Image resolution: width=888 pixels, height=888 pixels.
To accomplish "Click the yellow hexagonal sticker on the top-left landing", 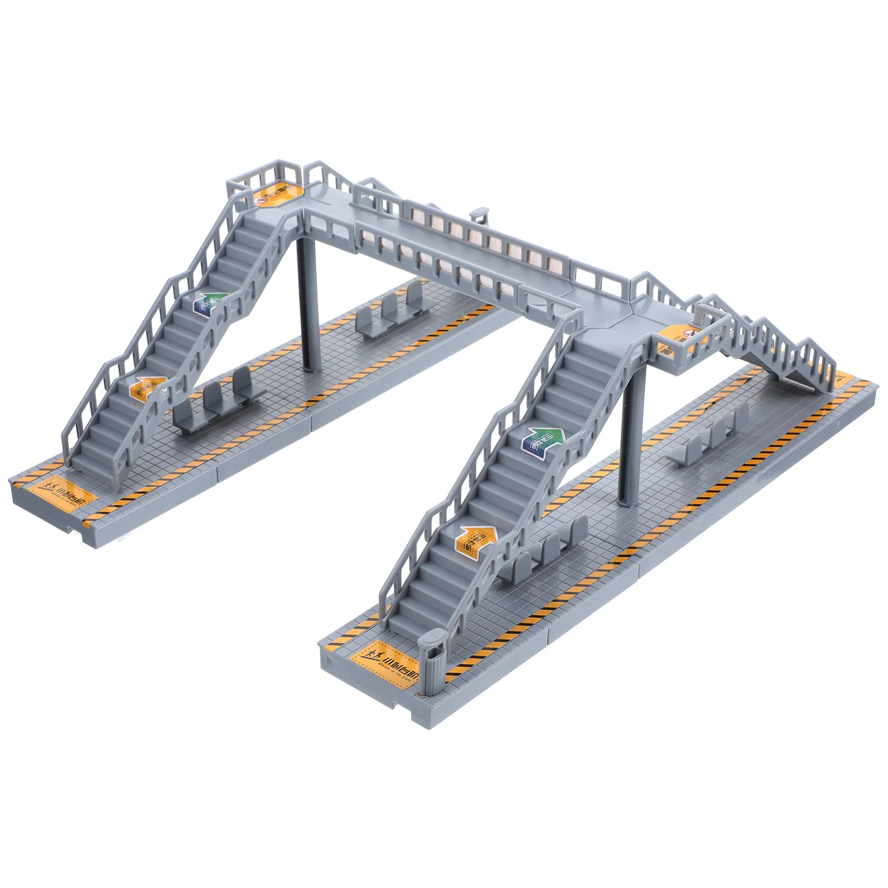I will pos(275,195).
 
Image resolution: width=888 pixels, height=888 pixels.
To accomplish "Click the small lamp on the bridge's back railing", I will pos(478,213).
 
